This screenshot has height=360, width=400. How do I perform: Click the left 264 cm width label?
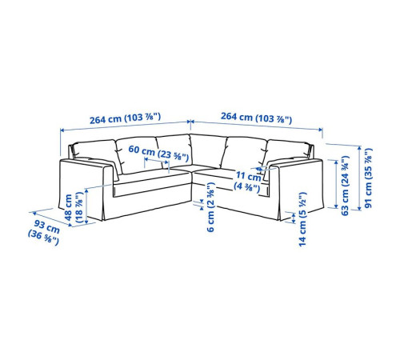tap(125, 118)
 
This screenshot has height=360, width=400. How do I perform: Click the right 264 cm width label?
tap(256, 118)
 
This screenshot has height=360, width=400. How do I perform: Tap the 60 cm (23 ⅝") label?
tap(158, 153)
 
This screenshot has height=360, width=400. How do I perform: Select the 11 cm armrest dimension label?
tap(248, 181)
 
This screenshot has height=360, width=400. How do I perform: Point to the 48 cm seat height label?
tap(74, 207)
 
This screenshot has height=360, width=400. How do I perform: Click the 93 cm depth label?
tap(45, 231)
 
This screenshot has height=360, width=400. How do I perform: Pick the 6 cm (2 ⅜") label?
tap(210, 207)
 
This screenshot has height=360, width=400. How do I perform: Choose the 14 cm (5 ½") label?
tap(303, 219)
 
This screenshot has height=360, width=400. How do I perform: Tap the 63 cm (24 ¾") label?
tap(345, 186)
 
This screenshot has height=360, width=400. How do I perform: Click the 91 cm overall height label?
tap(368, 178)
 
